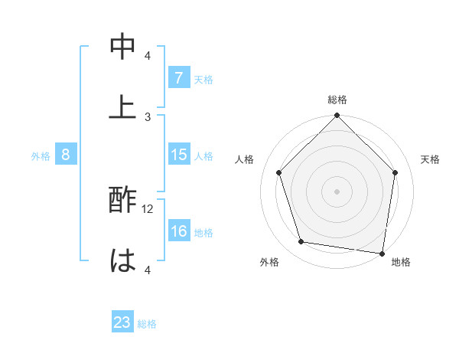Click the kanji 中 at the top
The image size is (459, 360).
pyautogui.click(x=122, y=47)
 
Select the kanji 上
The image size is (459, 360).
pyautogui.click(x=122, y=106)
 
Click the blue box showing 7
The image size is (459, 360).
pyautogui.click(x=178, y=78)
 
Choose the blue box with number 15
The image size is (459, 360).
pyautogui.click(x=178, y=155)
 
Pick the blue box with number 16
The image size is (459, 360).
pyautogui.click(x=178, y=231)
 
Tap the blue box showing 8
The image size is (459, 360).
pyautogui.click(x=66, y=155)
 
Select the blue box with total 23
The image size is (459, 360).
pyautogui.click(x=122, y=322)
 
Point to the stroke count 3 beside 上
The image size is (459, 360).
pyautogui.click(x=148, y=116)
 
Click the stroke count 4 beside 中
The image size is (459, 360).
pyautogui.click(x=148, y=56)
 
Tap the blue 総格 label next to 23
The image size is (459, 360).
pyautogui.click(x=148, y=324)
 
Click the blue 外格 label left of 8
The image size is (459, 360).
pyautogui.click(x=41, y=156)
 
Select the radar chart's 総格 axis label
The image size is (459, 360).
pyautogui.click(x=337, y=100)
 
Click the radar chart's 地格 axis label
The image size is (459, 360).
pyautogui.click(x=401, y=262)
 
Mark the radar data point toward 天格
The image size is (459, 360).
pyautogui.click(x=395, y=172)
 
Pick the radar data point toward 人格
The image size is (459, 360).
pyautogui.click(x=279, y=172)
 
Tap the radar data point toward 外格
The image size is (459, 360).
pyautogui.click(x=301, y=242)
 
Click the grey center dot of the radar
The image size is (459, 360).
pyautogui.click(x=337, y=191)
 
